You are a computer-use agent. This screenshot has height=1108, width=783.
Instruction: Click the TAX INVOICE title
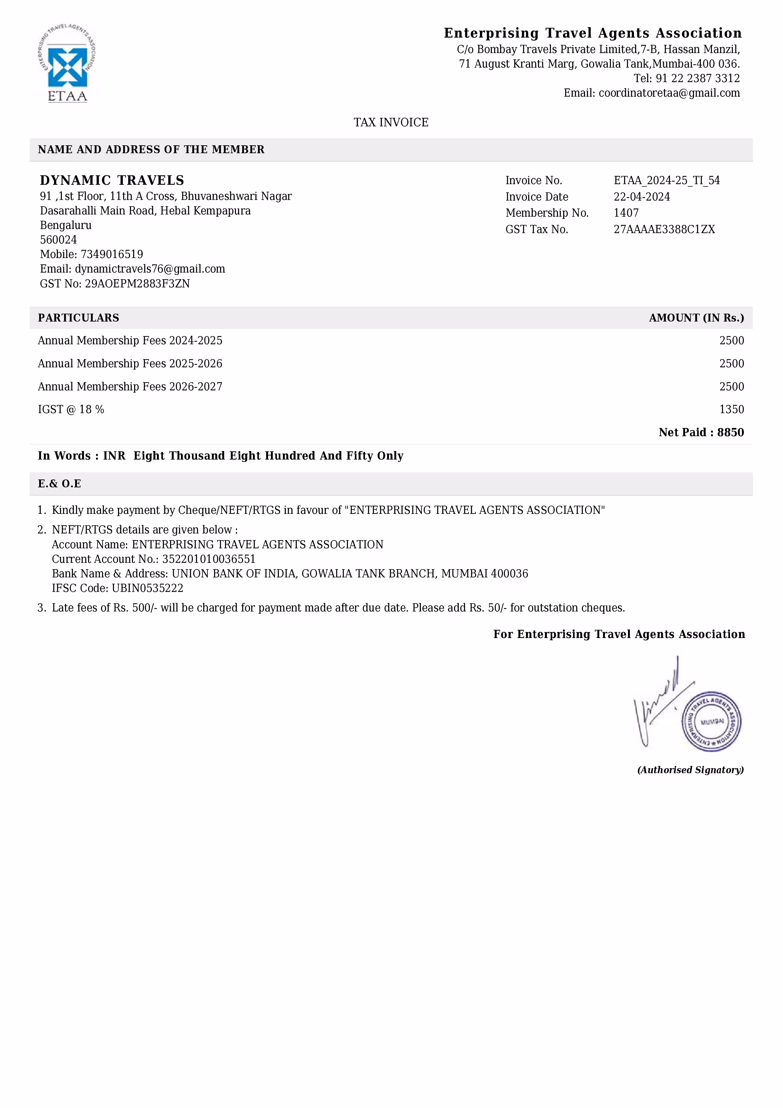coord(391,123)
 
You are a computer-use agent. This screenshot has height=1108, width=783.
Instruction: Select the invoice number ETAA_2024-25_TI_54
coord(666,180)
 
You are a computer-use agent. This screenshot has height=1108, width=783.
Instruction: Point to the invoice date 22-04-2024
coord(641,197)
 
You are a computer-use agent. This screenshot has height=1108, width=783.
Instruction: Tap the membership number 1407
coord(626,213)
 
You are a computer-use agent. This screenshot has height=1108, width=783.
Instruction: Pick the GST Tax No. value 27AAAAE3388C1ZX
coord(664,229)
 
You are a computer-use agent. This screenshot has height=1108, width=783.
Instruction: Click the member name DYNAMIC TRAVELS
coord(112,180)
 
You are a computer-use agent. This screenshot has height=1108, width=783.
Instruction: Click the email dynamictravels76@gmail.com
coord(150,269)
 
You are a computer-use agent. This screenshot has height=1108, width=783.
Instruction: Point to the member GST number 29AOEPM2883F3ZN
coord(137,284)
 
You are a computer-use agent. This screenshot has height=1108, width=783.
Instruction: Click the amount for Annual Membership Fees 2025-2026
coord(732,363)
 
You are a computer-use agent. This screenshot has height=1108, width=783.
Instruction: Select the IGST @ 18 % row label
coord(71,410)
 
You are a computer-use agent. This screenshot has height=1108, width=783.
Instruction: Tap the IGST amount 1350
coord(732,410)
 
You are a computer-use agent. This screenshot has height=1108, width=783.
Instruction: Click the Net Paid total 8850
coord(730,432)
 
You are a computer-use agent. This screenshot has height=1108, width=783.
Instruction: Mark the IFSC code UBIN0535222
coord(148,588)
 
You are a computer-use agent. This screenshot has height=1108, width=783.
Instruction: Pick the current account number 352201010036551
coord(209,559)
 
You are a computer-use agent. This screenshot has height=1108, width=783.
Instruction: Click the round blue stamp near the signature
coord(711,721)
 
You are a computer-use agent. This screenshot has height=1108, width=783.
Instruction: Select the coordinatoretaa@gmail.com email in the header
coord(669,93)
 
